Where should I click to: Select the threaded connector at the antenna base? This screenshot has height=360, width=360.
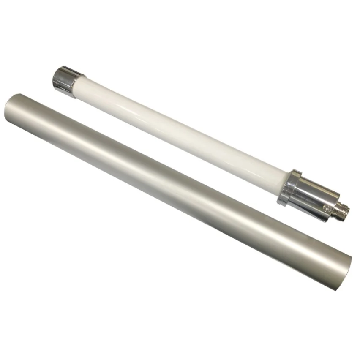pyautogui.click(x=341, y=209)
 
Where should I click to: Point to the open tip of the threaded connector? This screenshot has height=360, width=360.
pyautogui.click(x=348, y=212)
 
